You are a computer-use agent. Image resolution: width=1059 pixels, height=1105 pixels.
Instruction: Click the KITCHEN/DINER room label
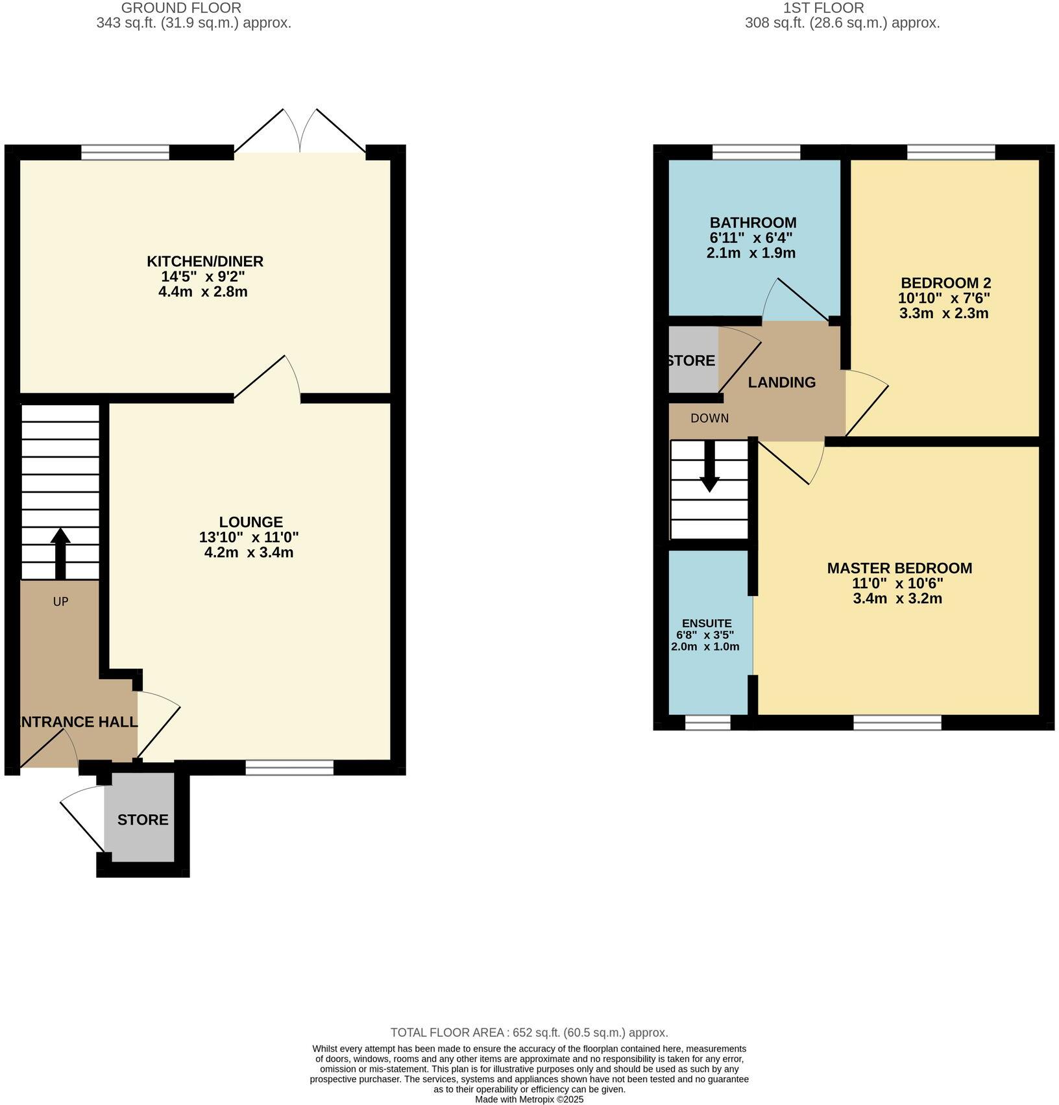(204, 262)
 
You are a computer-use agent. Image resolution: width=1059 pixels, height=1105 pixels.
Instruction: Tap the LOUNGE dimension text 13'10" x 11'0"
(249, 538)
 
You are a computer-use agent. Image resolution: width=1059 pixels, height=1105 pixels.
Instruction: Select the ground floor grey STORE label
(143, 820)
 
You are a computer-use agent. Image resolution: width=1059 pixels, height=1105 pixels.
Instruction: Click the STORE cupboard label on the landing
(692, 361)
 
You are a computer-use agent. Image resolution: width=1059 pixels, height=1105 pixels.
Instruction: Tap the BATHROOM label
(753, 223)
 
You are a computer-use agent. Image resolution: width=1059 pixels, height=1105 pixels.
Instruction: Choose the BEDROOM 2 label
(945, 283)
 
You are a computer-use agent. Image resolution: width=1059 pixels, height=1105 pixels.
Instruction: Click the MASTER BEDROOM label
(899, 568)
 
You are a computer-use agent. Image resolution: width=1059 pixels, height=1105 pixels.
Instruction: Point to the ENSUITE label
(707, 623)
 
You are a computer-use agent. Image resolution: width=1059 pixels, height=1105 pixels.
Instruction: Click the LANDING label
(781, 382)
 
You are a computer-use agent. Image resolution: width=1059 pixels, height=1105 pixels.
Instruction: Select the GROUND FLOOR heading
(181, 8)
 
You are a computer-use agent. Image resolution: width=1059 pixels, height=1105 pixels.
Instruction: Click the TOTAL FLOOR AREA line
(529, 1032)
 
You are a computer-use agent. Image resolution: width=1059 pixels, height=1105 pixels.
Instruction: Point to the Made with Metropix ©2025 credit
(529, 1099)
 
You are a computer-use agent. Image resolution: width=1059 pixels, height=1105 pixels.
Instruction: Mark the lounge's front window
(289, 768)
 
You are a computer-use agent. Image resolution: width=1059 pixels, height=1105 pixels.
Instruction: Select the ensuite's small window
(707, 723)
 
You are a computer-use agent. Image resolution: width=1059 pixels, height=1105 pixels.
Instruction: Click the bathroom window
(756, 152)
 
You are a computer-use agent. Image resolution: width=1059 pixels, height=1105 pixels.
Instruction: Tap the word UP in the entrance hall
(60, 602)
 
